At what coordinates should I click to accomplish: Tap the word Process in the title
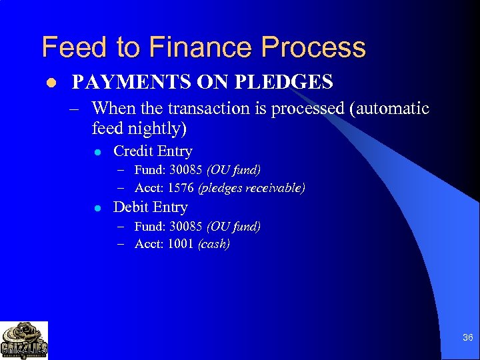pos(313,48)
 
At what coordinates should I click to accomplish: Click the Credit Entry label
pos(153,151)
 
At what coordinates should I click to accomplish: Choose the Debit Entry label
pos(151,207)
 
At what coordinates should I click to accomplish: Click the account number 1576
pos(181,188)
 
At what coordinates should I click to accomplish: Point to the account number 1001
pos(181,244)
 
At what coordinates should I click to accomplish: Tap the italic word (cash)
pos(214,244)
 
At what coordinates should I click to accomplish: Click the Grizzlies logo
pos(24,340)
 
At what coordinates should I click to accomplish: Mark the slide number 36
pos(467,338)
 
